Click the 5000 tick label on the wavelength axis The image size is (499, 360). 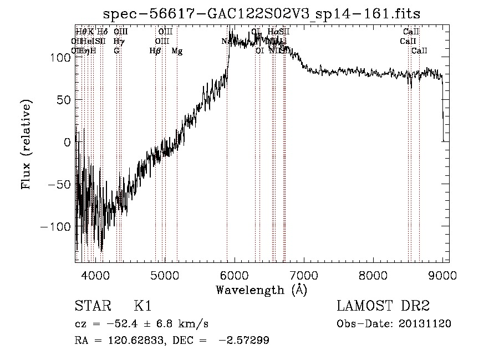click(x=165, y=275)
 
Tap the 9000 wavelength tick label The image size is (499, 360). click(x=442, y=275)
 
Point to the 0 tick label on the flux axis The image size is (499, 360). click(x=67, y=142)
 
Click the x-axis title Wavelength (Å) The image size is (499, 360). click(x=261, y=290)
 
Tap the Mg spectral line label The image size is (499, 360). click(x=177, y=51)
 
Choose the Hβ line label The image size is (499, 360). click(x=155, y=51)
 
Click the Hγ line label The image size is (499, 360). click(x=118, y=42)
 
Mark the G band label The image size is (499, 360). click(x=116, y=51)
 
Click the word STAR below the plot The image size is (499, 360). click(x=91, y=306)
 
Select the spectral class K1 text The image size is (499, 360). click(x=142, y=306)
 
